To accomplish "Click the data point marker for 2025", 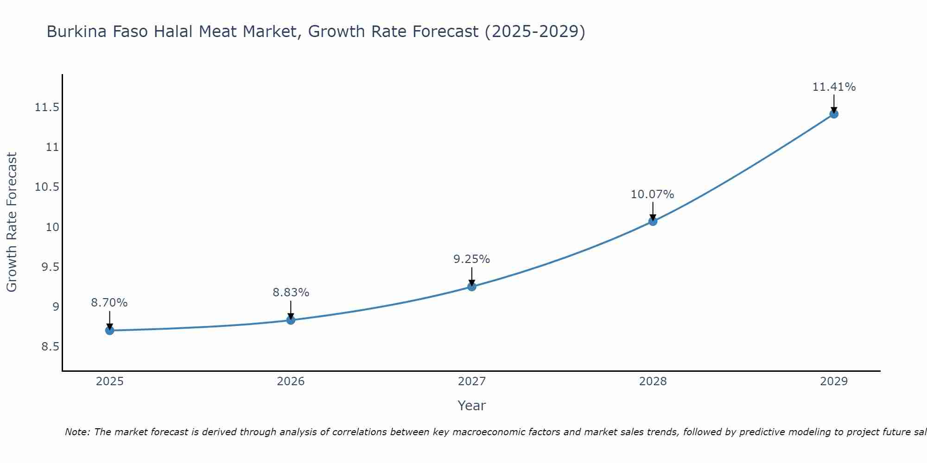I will click(x=110, y=330).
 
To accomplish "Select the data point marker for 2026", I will click(x=291, y=320).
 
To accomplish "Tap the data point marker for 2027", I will click(x=472, y=287).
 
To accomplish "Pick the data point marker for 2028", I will click(x=653, y=221).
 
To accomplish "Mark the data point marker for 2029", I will click(x=834, y=114).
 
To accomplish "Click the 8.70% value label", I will click(x=109, y=303).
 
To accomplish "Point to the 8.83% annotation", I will click(x=291, y=293).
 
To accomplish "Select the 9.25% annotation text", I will click(x=472, y=259).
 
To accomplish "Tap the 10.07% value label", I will click(x=653, y=194).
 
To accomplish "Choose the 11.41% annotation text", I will click(x=834, y=87).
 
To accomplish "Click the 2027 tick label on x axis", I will click(x=472, y=382).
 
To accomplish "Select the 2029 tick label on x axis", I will click(x=834, y=382).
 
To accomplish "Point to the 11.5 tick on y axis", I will click(x=47, y=108).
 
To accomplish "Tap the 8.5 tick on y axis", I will click(x=51, y=347).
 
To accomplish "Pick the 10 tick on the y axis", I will click(x=52, y=227).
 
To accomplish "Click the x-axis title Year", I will click(x=472, y=406).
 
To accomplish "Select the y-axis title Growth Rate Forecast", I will click(x=12, y=222).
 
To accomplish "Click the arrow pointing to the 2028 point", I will click(x=653, y=211).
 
